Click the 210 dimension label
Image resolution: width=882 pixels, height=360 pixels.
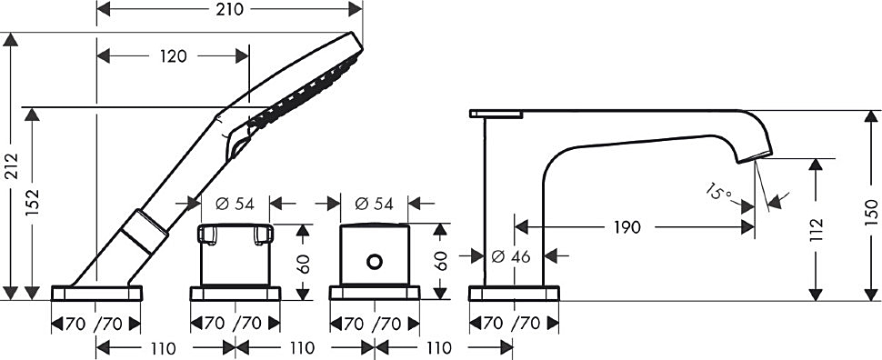[229, 10]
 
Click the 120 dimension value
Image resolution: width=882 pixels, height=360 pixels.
[173, 56]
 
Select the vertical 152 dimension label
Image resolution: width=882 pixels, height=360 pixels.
[33, 203]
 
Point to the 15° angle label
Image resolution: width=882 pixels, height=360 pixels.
[719, 193]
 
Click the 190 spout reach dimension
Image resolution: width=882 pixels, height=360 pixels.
[627, 227]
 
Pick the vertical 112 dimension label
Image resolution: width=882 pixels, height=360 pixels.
[816, 229]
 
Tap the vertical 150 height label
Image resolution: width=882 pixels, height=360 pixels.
[871, 213]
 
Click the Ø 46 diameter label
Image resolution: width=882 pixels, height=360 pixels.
[511, 256]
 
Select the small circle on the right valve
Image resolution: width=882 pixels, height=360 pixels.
[375, 261]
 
